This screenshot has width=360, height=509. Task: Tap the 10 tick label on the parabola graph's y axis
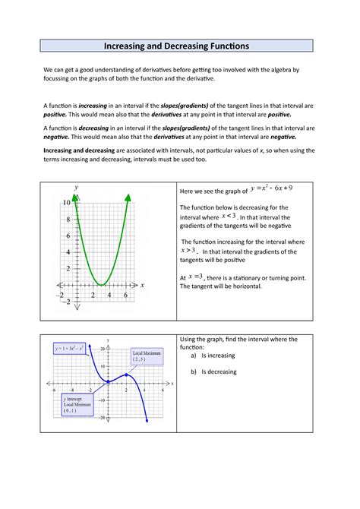(x=66, y=204)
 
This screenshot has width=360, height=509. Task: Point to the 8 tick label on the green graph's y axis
(x=68, y=220)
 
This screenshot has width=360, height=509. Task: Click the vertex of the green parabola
(x=102, y=284)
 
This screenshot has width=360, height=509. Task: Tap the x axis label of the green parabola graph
(x=142, y=285)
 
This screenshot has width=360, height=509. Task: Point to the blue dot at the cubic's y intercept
(x=109, y=381)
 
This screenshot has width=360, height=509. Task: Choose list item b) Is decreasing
(x=216, y=371)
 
